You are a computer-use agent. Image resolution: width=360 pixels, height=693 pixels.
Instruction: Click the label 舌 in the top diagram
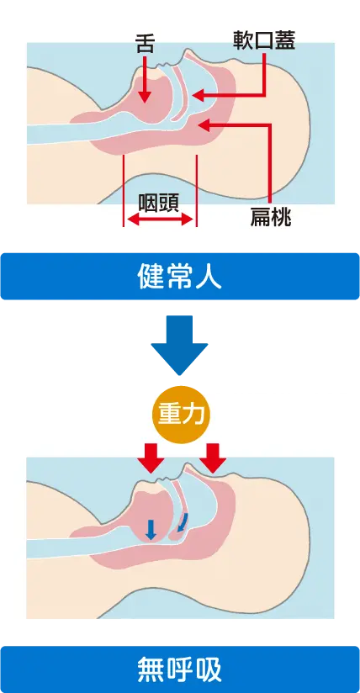pyautogui.click(x=145, y=45)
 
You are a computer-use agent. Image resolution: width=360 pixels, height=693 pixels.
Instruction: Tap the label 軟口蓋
pyautogui.click(x=264, y=40)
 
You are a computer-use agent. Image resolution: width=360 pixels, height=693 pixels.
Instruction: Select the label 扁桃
pyautogui.click(x=270, y=217)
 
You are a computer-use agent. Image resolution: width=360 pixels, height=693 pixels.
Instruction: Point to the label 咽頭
pyautogui.click(x=158, y=203)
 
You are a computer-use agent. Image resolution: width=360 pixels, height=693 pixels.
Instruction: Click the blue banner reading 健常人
pyautogui.click(x=180, y=276)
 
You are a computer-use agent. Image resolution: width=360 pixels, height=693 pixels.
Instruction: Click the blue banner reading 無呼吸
pyautogui.click(x=180, y=669)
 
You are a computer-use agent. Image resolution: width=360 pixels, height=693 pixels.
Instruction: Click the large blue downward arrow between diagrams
pyautogui.click(x=179, y=345)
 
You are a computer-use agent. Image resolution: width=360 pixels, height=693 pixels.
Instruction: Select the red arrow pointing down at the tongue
pyautogui.click(x=145, y=79)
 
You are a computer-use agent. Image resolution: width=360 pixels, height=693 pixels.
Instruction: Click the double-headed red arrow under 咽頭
pyautogui.click(x=160, y=219)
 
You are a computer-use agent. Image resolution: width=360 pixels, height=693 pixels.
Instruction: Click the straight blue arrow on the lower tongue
pyautogui.click(x=151, y=530)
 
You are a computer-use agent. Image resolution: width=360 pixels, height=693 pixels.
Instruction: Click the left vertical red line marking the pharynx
pyautogui.click(x=124, y=190)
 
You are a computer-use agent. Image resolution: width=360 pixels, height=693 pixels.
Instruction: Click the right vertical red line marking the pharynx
pyautogui.click(x=196, y=190)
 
